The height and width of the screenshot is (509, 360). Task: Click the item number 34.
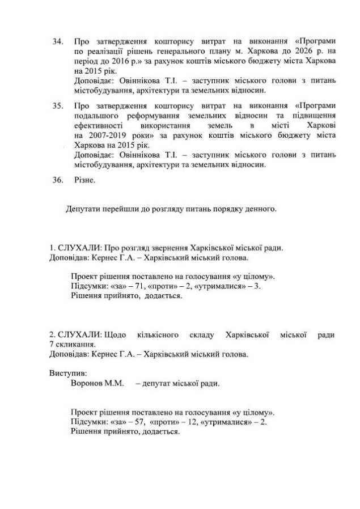57,42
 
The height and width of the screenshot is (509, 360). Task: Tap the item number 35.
57,105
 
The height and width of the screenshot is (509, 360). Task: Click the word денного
260,209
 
